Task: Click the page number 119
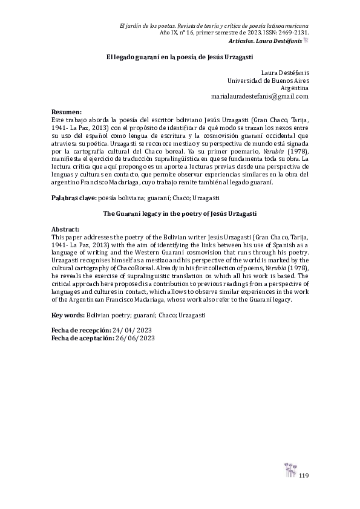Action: pos(304,476)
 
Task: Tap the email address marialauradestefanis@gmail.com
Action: pos(260,96)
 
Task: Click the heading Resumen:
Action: pos(67,113)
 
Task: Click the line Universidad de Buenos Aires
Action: pos(267,79)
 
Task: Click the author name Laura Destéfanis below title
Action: pos(287,71)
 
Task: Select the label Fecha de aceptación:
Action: pos(82,339)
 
